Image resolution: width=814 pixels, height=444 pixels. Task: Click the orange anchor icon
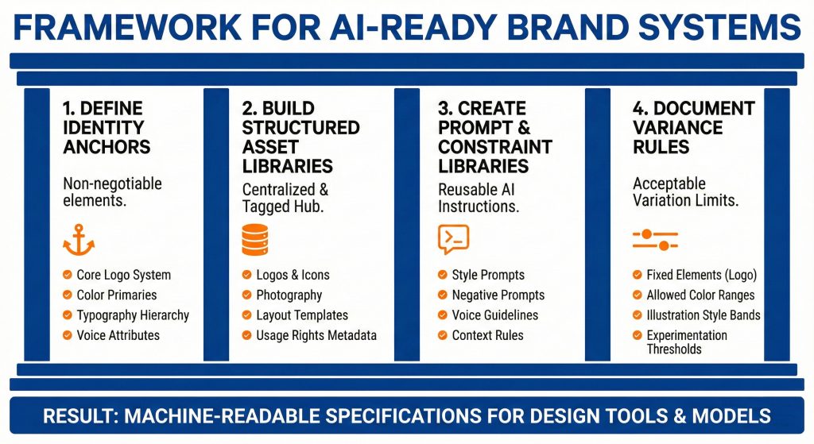(78, 239)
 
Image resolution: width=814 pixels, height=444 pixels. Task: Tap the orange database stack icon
(254, 239)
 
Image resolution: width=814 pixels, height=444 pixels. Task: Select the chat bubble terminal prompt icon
(453, 239)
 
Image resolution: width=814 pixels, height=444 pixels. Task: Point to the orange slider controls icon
(655, 239)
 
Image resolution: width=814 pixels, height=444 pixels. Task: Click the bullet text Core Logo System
(123, 275)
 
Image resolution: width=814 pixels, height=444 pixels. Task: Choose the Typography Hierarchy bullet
(133, 315)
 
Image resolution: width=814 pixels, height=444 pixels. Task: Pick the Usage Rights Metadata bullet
(316, 335)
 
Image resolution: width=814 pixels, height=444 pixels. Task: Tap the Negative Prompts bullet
(498, 295)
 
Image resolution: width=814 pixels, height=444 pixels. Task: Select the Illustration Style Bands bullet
(703, 315)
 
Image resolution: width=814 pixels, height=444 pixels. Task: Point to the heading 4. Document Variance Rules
(693, 127)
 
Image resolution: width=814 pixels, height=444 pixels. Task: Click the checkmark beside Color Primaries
(68, 295)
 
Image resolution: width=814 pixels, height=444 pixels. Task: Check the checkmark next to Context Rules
(442, 335)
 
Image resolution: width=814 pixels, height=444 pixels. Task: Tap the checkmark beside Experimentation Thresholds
(638, 335)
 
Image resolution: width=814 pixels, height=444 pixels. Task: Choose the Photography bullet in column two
(289, 295)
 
